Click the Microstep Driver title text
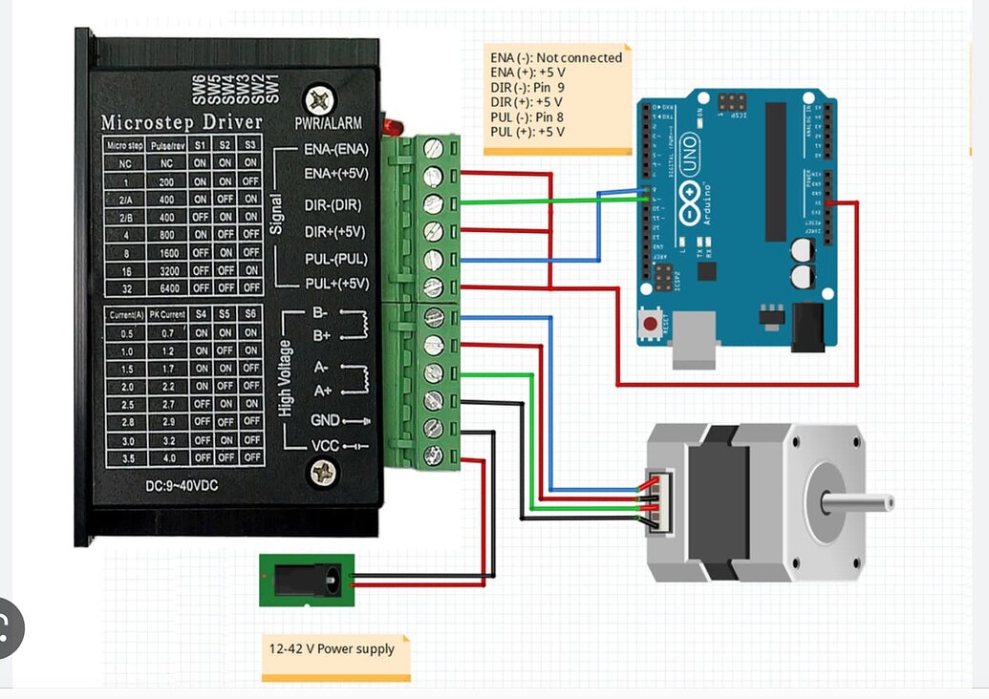pos(182,122)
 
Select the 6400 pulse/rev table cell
pos(166,286)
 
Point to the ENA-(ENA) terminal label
pos(335,149)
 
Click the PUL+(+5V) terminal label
pos(336,284)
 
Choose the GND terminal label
pos(325,420)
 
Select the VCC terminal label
pos(324,446)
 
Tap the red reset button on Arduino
pos(651,324)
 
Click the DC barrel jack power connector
pos(307,580)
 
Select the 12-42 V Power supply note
pos(332,649)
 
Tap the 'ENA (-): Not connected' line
pos(556,58)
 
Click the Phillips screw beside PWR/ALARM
pos(319,99)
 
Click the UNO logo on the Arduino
pos(689,156)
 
